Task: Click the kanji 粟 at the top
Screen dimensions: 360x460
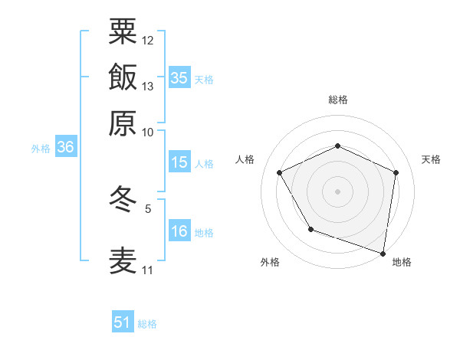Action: click(123, 32)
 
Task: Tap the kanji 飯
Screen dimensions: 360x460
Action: click(123, 78)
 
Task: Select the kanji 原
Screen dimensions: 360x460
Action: click(123, 123)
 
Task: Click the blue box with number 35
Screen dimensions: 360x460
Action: click(179, 77)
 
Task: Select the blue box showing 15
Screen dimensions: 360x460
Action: click(179, 162)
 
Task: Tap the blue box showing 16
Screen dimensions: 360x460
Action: click(179, 231)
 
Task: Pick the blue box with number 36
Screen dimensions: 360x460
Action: click(65, 148)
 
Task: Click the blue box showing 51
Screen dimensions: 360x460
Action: click(123, 322)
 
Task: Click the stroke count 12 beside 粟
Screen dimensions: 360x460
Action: click(148, 40)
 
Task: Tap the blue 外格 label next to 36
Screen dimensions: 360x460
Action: click(41, 149)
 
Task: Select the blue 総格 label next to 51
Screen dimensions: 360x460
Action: click(147, 324)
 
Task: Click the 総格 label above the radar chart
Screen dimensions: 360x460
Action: click(337, 100)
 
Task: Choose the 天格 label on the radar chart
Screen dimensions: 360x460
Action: click(431, 159)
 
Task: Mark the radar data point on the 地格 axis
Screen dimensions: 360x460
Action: click(383, 253)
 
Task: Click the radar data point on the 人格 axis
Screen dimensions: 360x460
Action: click(280, 172)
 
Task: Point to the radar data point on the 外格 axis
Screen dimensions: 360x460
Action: click(310, 229)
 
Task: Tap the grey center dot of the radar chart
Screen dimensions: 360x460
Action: click(337, 191)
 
